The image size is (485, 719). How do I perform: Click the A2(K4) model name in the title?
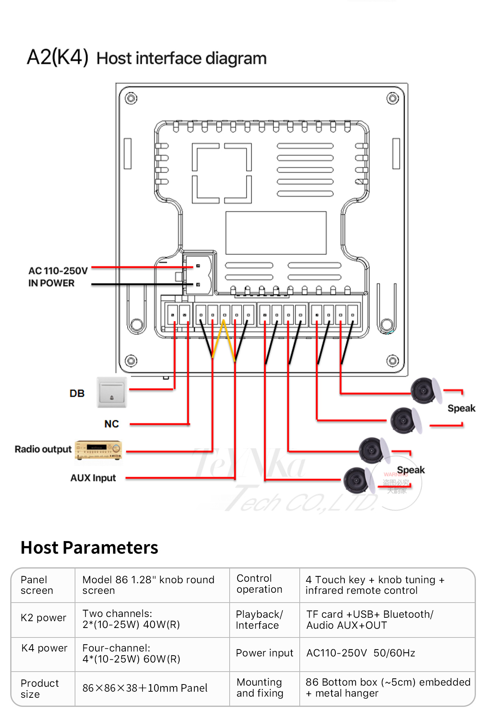tap(58, 58)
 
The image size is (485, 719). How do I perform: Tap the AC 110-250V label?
tap(58, 271)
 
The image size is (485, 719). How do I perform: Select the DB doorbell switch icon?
tap(111, 392)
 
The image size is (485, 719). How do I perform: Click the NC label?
tap(111, 424)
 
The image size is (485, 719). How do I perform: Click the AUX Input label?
tap(93, 478)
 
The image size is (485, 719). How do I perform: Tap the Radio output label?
tap(43, 449)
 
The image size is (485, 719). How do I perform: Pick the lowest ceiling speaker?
tap(356, 480)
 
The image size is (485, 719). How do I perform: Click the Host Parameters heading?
tap(89, 548)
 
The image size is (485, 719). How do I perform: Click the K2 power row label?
tap(43, 618)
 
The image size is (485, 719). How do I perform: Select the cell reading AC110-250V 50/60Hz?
tap(360, 653)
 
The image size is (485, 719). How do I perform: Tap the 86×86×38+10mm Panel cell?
tap(145, 688)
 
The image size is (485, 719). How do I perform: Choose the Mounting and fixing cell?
tap(260, 688)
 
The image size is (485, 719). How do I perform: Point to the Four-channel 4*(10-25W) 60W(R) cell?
tap(131, 653)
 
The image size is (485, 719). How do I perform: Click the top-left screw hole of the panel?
tap(131, 99)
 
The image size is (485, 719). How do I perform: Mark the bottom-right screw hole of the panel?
tap(393, 361)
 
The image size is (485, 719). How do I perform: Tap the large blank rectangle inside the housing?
tap(276, 233)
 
